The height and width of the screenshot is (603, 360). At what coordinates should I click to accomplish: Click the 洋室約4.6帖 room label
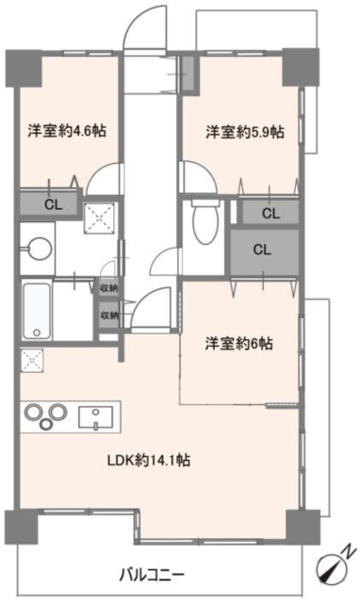coord(67,131)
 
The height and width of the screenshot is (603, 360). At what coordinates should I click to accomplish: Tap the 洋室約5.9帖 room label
coord(245,132)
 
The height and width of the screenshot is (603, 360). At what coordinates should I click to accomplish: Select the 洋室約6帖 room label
coord(239,343)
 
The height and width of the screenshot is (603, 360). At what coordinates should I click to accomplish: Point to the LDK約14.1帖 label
coord(149,460)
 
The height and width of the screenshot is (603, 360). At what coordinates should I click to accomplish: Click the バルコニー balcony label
coord(153,576)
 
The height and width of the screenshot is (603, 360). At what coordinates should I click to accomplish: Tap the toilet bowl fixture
coord(205,222)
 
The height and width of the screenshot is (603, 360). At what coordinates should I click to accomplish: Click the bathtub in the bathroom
coord(37,311)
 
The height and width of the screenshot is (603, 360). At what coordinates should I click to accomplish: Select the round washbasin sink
coord(39,250)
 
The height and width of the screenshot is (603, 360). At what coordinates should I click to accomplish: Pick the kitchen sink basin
coord(96,417)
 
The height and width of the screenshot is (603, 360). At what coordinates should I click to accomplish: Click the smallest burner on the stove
coord(46,424)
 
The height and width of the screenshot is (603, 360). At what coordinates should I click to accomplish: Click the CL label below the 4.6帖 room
coord(54,204)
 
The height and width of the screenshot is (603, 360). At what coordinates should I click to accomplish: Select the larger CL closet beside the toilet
coord(262,250)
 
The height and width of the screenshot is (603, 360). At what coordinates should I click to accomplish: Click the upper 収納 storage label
coord(109,288)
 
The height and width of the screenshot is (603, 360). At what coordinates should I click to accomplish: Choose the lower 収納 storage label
coord(109,316)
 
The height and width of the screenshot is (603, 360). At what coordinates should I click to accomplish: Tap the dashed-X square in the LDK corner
coord(32,360)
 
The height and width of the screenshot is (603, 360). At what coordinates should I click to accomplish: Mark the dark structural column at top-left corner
coord(24,68)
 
